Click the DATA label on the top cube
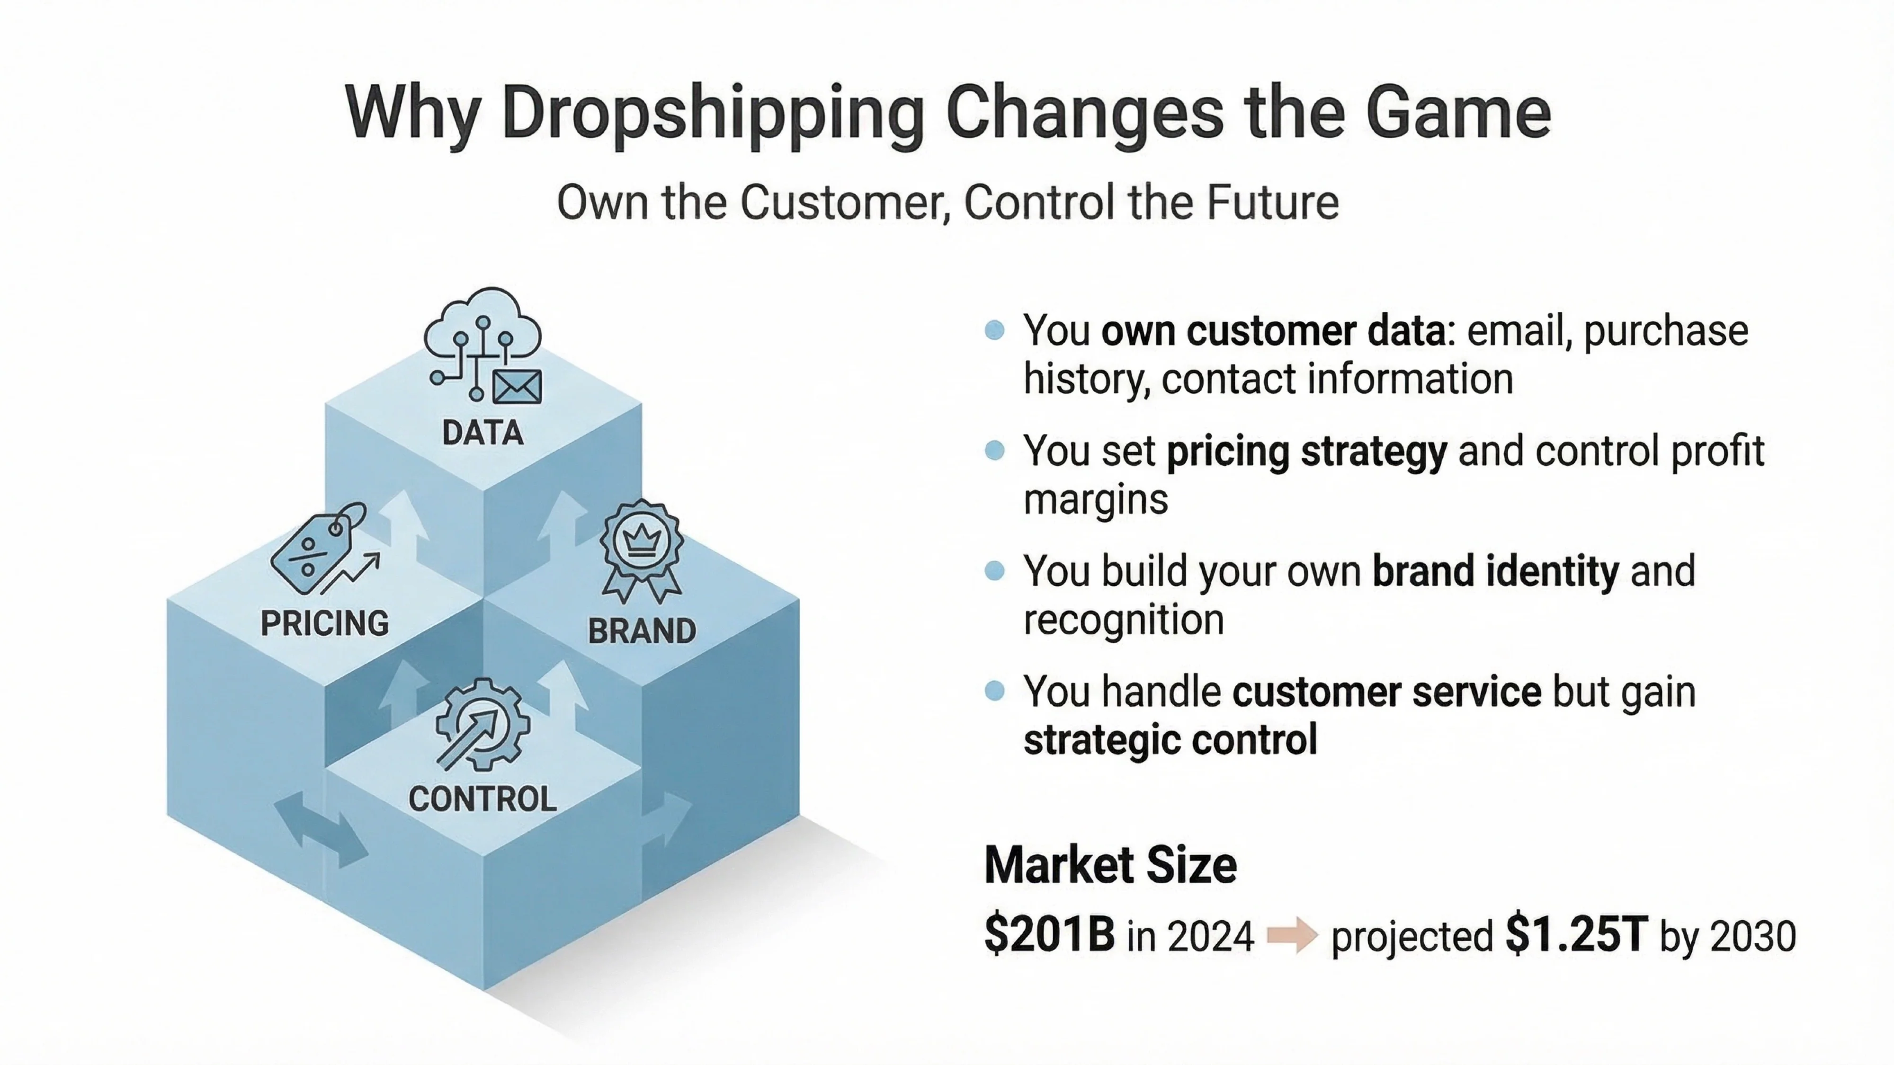[x=483, y=433]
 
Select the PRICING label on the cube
[x=325, y=624]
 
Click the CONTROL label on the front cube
[x=482, y=799]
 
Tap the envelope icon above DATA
[x=518, y=387]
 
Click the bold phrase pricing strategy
[x=1306, y=451]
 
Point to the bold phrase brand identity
[x=1495, y=571]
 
